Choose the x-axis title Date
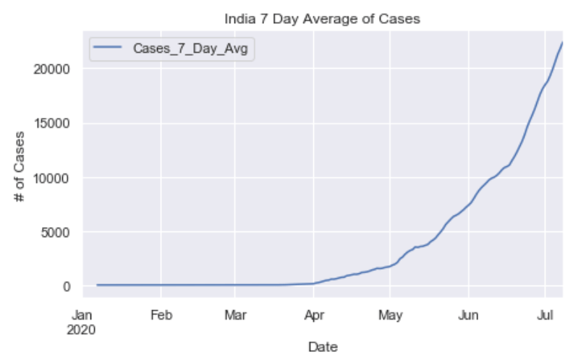pyautogui.click(x=323, y=347)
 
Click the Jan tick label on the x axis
pyautogui.click(x=83, y=315)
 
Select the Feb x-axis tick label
pyautogui.click(x=161, y=315)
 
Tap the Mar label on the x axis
pyautogui.click(x=236, y=315)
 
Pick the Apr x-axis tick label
pyautogui.click(x=313, y=315)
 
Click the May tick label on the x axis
pyautogui.click(x=390, y=315)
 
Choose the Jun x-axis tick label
pyautogui.click(x=469, y=315)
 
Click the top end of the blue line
pyautogui.click(x=562, y=42)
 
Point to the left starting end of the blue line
pyautogui.click(x=97, y=285)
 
